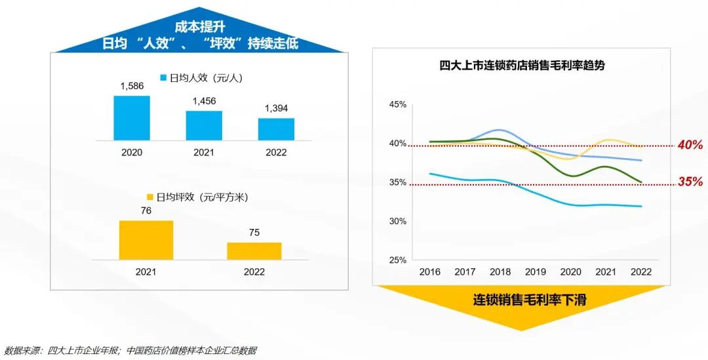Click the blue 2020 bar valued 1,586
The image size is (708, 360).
(x=132, y=118)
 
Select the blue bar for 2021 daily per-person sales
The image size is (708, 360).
(x=204, y=125)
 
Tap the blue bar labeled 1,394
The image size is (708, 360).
(x=276, y=129)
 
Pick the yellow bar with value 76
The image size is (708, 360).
(x=146, y=240)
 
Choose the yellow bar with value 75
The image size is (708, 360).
(x=254, y=251)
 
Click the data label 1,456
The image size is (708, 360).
(x=204, y=102)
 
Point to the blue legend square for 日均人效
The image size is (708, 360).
(x=164, y=78)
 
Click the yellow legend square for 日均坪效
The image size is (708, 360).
(x=149, y=197)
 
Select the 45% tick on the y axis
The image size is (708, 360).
(x=398, y=104)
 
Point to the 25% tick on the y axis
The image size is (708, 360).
(x=398, y=260)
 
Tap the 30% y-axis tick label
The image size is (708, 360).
(x=398, y=222)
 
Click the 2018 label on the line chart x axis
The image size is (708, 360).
(x=500, y=272)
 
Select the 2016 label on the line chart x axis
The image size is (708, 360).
(x=430, y=272)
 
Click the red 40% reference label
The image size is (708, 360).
(x=690, y=145)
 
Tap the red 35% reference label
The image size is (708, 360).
(x=690, y=182)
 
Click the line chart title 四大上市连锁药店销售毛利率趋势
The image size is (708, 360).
(x=521, y=66)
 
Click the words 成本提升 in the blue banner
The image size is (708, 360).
(x=200, y=27)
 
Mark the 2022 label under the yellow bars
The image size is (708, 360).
(x=254, y=272)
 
